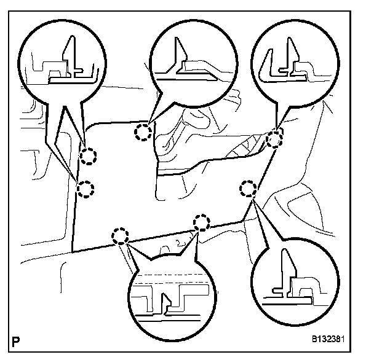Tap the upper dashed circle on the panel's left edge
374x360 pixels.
coord(90,157)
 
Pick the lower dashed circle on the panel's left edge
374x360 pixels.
coord(86,188)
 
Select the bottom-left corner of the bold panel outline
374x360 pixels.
coord(72,252)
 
